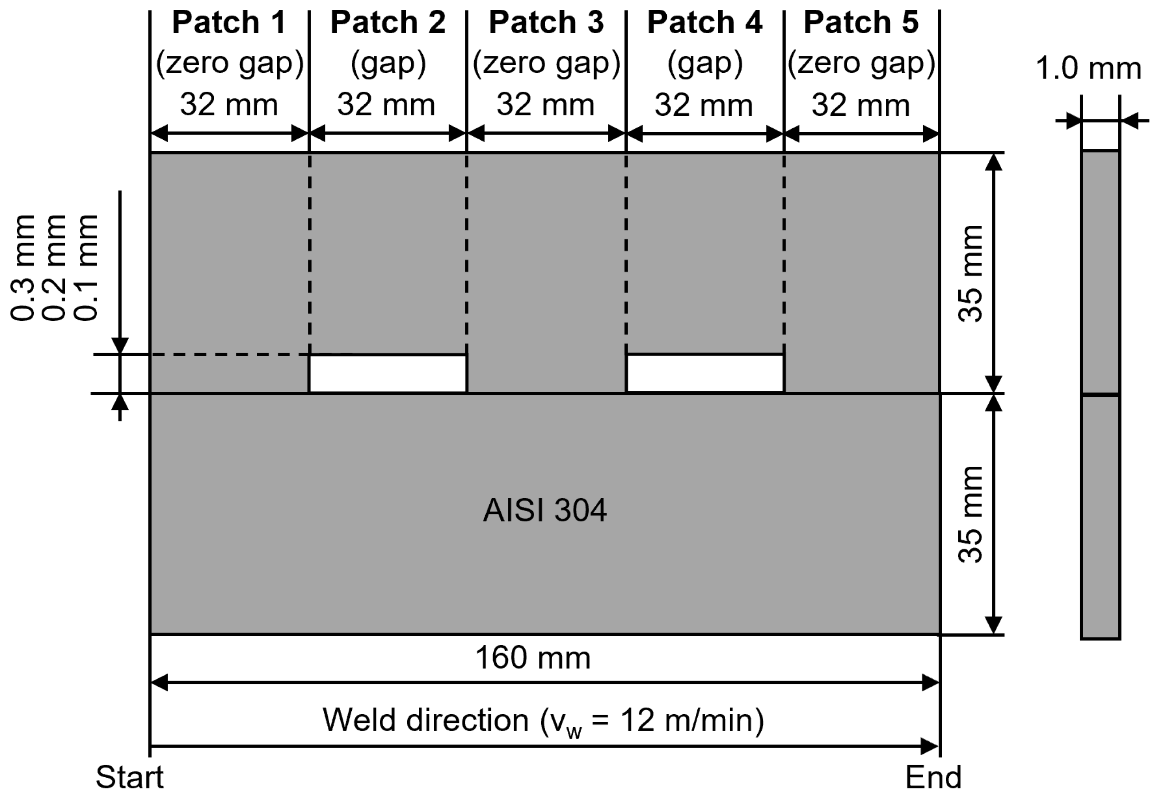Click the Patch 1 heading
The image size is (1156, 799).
(229, 23)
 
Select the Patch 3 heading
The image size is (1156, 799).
(546, 23)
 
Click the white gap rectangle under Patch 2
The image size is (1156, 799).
(388, 374)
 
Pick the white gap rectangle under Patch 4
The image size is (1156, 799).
(704, 374)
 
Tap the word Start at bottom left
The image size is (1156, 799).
(130, 777)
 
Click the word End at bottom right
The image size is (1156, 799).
(933, 777)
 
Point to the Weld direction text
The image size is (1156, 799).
(543, 720)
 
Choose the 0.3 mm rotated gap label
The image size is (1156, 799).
(23, 268)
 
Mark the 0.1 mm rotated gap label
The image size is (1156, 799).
(86, 268)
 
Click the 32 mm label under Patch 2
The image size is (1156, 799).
(386, 105)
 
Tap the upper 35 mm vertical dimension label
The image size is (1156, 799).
(970, 273)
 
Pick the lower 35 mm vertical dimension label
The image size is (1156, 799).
(970, 515)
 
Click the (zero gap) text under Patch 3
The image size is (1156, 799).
(546, 63)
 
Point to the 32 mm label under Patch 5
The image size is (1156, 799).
(861, 105)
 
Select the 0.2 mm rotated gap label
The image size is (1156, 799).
(54, 268)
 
